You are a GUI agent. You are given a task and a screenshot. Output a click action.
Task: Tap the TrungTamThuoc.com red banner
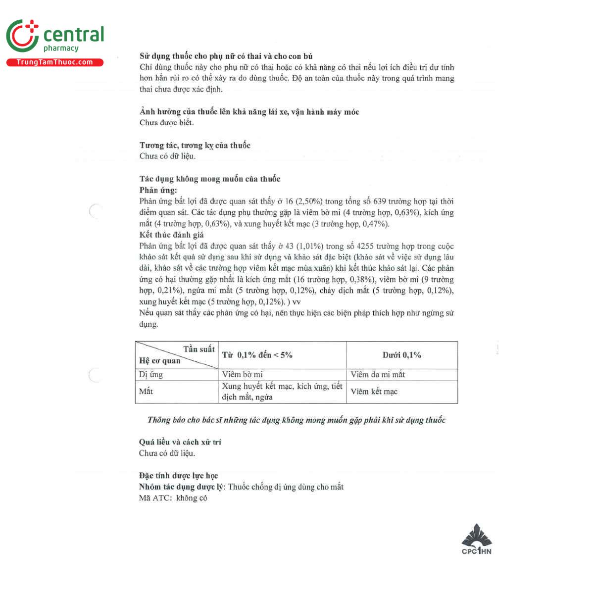pyautogui.click(x=55, y=62)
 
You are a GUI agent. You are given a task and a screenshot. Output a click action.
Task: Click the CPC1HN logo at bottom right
pyautogui.click(x=476, y=540)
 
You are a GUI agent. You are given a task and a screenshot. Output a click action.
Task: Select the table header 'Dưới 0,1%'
pyautogui.click(x=401, y=355)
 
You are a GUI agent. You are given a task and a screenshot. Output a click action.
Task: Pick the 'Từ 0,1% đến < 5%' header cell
pyautogui.click(x=257, y=355)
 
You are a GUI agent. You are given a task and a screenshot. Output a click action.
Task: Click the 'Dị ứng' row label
pyautogui.click(x=151, y=375)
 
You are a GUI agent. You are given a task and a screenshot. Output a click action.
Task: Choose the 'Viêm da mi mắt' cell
pyautogui.click(x=377, y=375)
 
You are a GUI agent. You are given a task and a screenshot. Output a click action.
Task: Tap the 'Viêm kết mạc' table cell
pyautogui.click(x=374, y=392)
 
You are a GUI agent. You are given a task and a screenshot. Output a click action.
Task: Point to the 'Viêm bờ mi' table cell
pyautogui.click(x=242, y=375)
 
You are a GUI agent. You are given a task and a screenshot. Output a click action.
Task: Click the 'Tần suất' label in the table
pyautogui.click(x=199, y=349)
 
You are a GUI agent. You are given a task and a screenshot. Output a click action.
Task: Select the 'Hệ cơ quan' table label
pyautogui.click(x=159, y=361)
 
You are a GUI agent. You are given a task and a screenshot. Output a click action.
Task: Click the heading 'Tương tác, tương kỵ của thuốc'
pyautogui.click(x=195, y=145)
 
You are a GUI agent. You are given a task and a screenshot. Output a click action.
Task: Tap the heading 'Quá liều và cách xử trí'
pyautogui.click(x=180, y=442)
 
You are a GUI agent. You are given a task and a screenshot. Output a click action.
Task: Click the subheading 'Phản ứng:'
pyautogui.click(x=158, y=190)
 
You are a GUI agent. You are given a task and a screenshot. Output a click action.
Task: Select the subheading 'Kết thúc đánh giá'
pyautogui.click(x=171, y=235)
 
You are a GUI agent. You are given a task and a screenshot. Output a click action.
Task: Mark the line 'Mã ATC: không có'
pyautogui.click(x=173, y=498)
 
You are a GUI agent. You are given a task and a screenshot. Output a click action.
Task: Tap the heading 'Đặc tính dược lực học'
pyautogui.click(x=178, y=476)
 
